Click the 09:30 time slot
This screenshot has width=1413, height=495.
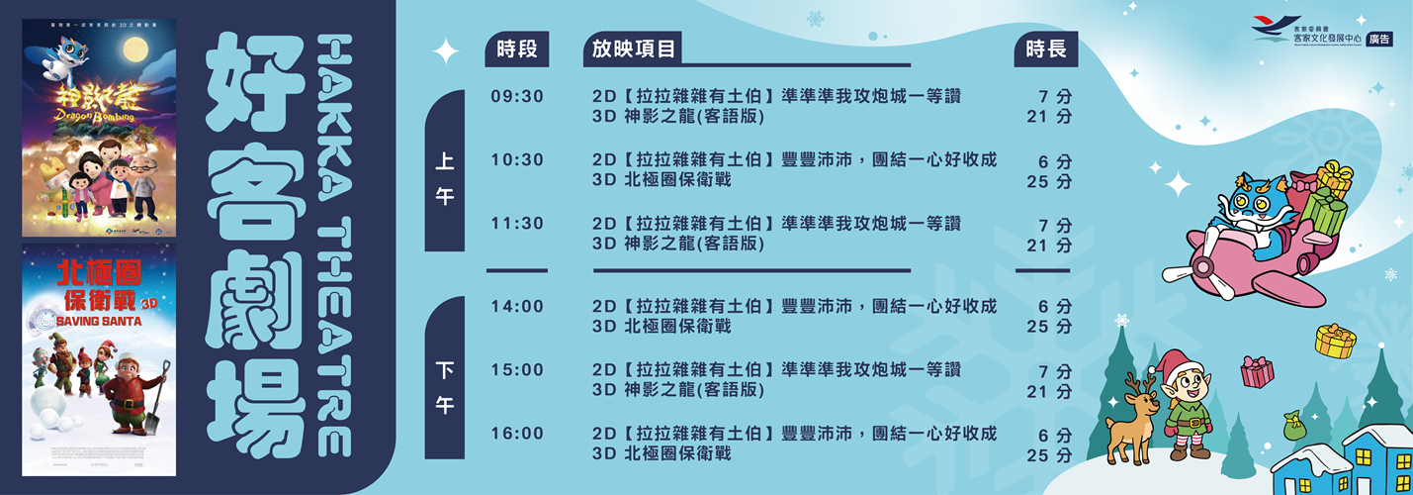[517, 96]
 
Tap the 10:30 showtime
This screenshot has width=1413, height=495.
[517, 160]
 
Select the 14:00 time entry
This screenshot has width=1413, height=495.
[517, 307]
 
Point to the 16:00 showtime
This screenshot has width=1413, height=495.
[517, 434]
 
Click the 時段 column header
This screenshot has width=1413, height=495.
[516, 49]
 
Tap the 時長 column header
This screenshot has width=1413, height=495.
[1046, 49]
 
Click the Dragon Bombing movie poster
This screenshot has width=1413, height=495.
[99, 127]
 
